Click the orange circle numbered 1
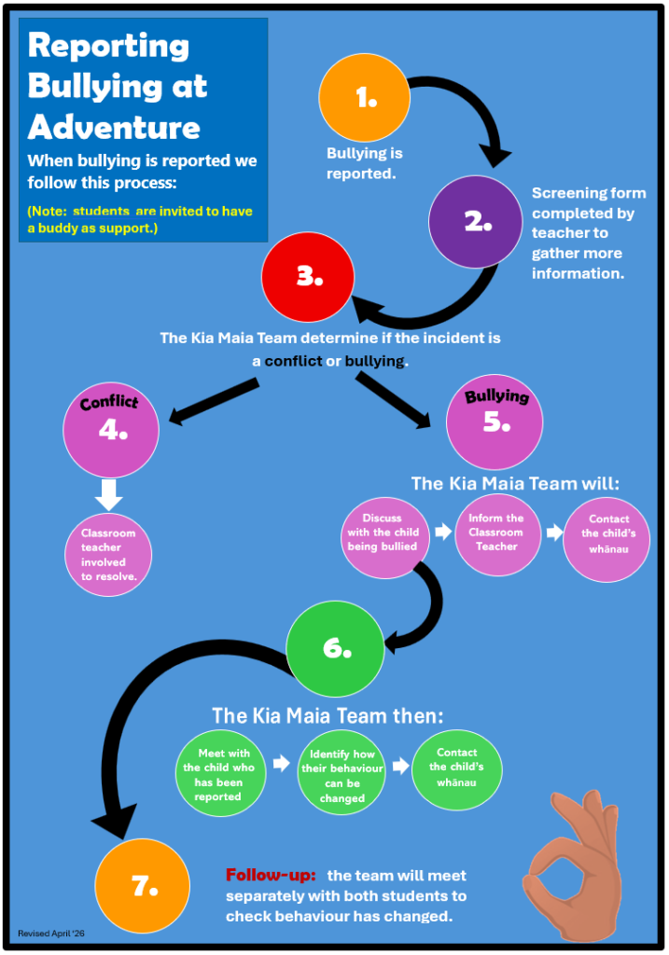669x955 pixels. click(x=364, y=97)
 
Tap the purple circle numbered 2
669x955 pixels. click(x=475, y=222)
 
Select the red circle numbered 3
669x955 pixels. click(x=308, y=277)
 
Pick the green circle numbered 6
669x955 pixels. click(x=335, y=649)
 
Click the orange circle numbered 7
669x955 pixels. click(x=143, y=886)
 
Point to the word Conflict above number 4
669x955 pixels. click(x=110, y=402)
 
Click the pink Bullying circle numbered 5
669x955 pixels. click(x=495, y=422)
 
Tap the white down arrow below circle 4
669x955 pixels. click(x=108, y=494)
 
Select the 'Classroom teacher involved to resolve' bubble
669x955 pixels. click(x=108, y=555)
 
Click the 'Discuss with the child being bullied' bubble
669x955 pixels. click(x=384, y=537)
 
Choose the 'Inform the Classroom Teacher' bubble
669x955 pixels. click(x=498, y=534)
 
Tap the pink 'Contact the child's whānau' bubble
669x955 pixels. click(x=606, y=539)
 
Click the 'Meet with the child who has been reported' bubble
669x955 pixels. click(x=220, y=775)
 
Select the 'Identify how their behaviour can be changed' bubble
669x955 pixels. click(x=341, y=776)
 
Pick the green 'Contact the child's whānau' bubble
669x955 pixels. click(x=457, y=769)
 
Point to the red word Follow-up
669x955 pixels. click(x=271, y=875)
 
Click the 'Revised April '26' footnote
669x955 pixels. click(x=51, y=933)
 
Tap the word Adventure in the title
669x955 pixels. click(x=114, y=127)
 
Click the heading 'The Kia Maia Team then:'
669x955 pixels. click(x=328, y=715)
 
